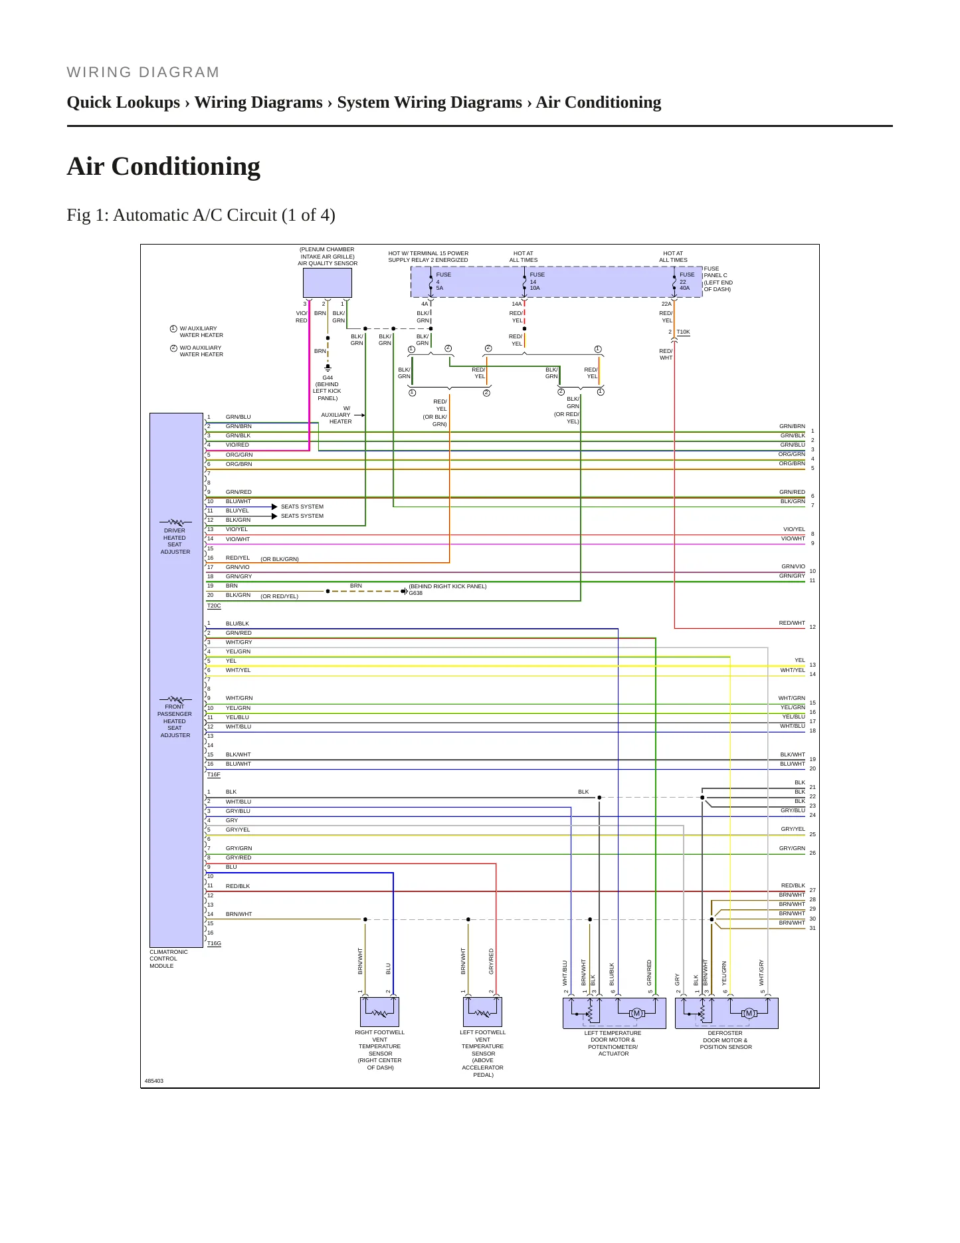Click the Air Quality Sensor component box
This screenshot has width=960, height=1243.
pyautogui.click(x=328, y=282)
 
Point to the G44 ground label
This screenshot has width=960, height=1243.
pyautogui.click(x=328, y=378)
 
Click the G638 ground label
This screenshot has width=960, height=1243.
pyautogui.click(x=416, y=593)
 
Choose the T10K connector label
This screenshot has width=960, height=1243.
pyautogui.click(x=683, y=332)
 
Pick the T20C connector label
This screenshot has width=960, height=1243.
pyautogui.click(x=214, y=606)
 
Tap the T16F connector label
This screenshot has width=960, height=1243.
pyautogui.click(x=214, y=774)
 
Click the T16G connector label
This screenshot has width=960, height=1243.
pyautogui.click(x=214, y=943)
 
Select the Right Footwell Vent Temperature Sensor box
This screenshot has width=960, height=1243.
pyautogui.click(x=380, y=1012)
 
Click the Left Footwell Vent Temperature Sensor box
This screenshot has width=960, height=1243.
pyautogui.click(x=482, y=1012)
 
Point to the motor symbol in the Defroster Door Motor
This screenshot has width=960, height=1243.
pyautogui.click(x=749, y=1014)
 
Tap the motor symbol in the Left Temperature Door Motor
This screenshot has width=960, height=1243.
pyautogui.click(x=637, y=1014)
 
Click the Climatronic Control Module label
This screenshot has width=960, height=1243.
pyautogui.click(x=169, y=959)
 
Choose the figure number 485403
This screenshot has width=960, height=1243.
pyautogui.click(x=154, y=1081)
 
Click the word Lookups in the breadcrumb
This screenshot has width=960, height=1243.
pyautogui.click(x=152, y=102)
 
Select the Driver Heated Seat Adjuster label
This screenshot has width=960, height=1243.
pyautogui.click(x=175, y=541)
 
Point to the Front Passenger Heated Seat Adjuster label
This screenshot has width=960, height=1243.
pyautogui.click(x=175, y=721)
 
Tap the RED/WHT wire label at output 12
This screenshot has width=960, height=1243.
pyautogui.click(x=792, y=623)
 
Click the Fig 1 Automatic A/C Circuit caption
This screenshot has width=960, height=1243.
pyautogui.click(x=201, y=215)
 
